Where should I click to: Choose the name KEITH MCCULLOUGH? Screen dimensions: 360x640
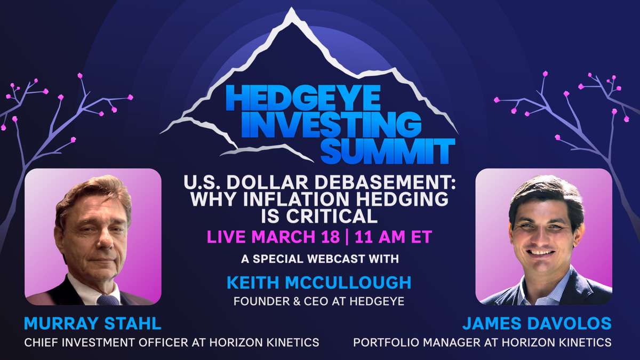click(x=318, y=282)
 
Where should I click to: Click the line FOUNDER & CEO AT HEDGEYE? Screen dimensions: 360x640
click(x=318, y=301)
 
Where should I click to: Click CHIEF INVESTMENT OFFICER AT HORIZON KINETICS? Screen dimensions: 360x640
click(x=172, y=342)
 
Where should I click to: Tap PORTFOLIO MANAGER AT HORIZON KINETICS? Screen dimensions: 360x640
click(x=482, y=342)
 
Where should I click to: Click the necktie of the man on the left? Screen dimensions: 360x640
click(x=107, y=299)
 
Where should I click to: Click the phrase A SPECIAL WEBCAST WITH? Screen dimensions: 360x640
click(x=318, y=259)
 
